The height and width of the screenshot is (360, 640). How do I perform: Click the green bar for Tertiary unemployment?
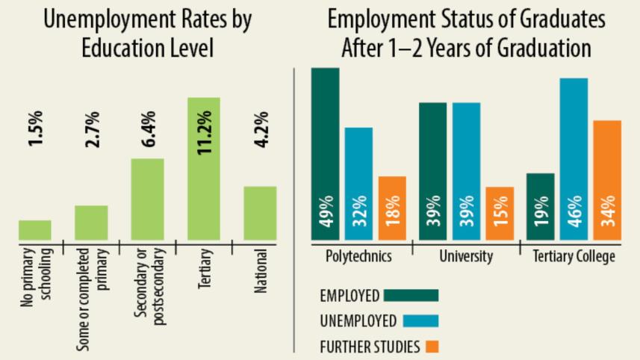203,169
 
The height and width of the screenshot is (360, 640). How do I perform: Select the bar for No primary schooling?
35,230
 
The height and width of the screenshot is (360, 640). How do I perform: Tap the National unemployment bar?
260,213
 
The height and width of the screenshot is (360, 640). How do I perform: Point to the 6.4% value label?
148,128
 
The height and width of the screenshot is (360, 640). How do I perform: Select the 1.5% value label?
35,128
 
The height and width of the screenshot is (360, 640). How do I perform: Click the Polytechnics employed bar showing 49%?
326,154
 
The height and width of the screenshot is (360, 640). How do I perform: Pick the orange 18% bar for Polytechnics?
393,208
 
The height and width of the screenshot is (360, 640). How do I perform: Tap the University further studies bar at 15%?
500,214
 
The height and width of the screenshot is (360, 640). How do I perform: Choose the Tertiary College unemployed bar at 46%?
574,159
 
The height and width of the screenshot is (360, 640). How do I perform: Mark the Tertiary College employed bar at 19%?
541,207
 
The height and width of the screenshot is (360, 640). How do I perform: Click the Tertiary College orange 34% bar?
607,180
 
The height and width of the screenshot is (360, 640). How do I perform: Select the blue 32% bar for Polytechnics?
359,184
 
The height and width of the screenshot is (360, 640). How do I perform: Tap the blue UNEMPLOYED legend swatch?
420,320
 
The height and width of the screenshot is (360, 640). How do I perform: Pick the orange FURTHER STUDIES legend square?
432,347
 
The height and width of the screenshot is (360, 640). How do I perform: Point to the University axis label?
466,256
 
